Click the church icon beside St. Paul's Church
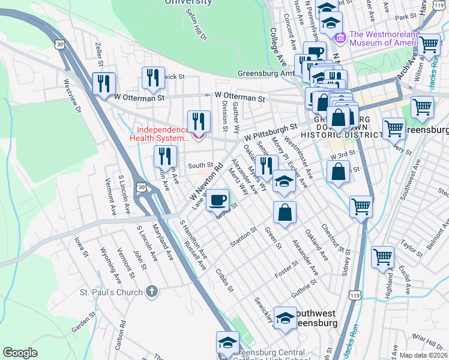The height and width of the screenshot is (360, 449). [x=152, y=292]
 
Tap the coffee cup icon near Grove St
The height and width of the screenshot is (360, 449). [x=218, y=200]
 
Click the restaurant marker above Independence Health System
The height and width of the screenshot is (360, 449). [x=199, y=122]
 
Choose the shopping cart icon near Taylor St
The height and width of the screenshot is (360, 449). [x=382, y=257]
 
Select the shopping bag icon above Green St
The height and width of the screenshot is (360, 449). [x=285, y=212]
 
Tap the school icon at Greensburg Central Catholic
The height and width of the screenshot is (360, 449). [x=228, y=343]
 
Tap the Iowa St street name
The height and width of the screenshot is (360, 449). [x=81, y=247]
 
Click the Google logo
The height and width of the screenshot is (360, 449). [x=20, y=352]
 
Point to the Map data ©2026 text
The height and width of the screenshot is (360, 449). [x=423, y=355]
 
